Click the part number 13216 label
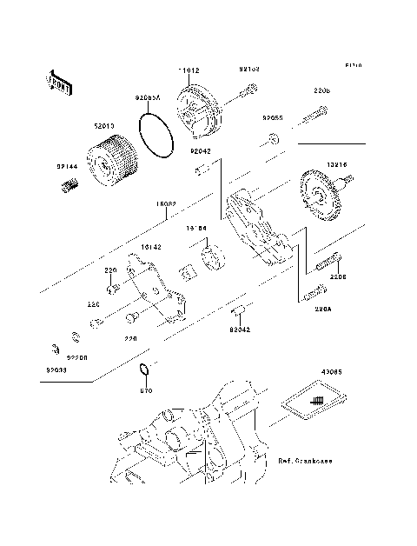[x=339, y=163]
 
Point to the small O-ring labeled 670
[x=147, y=373]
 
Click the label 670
[x=146, y=391]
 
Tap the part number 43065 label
[x=331, y=371]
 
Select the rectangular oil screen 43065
[x=314, y=401]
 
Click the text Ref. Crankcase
[x=307, y=460]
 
